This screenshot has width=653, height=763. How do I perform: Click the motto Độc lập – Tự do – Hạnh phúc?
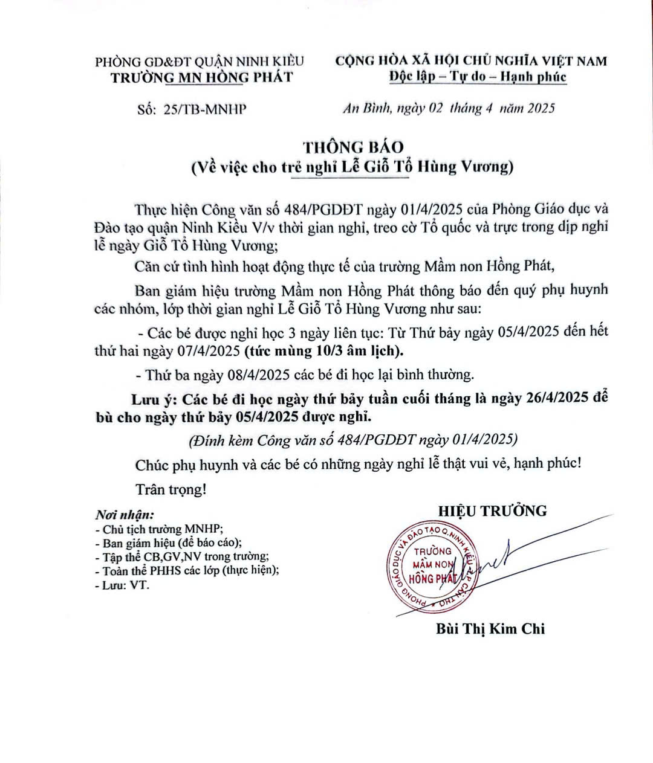(478, 77)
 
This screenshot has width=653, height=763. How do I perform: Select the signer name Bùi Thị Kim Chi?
(490, 629)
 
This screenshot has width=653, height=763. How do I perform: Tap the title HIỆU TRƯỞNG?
(492, 511)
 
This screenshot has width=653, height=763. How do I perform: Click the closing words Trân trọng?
(171, 489)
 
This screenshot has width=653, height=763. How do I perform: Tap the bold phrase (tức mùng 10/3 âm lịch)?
(324, 350)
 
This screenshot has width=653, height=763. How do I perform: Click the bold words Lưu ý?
(153, 399)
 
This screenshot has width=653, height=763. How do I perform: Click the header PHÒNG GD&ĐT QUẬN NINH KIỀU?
(200, 61)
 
